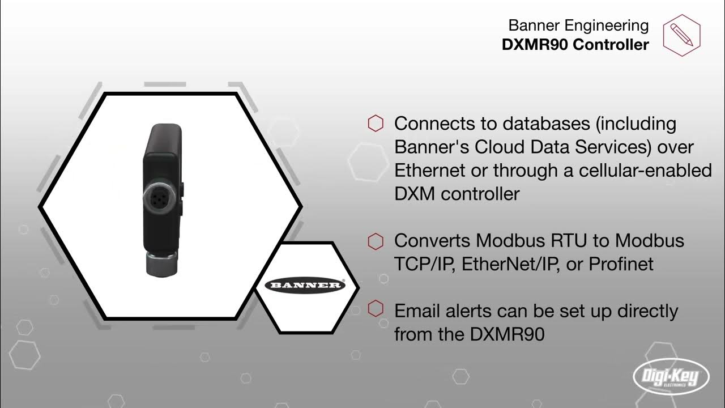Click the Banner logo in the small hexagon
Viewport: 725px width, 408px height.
click(306, 284)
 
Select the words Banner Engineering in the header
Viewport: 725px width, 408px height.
click(578, 25)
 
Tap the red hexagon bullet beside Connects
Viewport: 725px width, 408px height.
click(376, 124)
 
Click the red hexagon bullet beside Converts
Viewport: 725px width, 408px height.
click(376, 241)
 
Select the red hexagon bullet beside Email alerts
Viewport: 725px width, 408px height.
click(376, 310)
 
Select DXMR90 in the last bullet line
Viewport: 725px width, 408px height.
click(507, 334)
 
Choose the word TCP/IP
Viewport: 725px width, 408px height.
click(425, 264)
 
